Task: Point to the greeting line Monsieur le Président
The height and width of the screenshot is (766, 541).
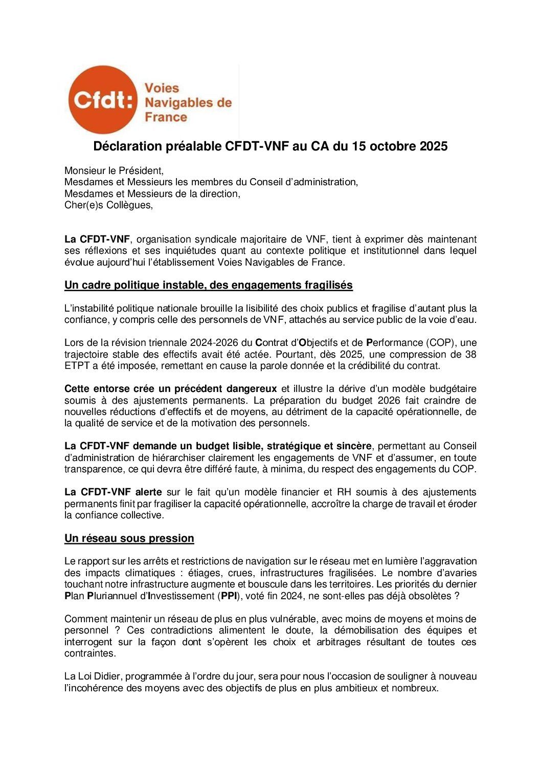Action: [x=114, y=170]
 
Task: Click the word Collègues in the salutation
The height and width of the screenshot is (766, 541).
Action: [x=129, y=205]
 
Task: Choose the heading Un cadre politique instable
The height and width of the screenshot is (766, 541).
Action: [x=209, y=285]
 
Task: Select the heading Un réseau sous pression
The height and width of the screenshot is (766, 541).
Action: [x=129, y=538]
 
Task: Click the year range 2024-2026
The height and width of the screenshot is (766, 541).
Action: [x=225, y=342]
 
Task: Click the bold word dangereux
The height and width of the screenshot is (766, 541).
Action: [x=252, y=388]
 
